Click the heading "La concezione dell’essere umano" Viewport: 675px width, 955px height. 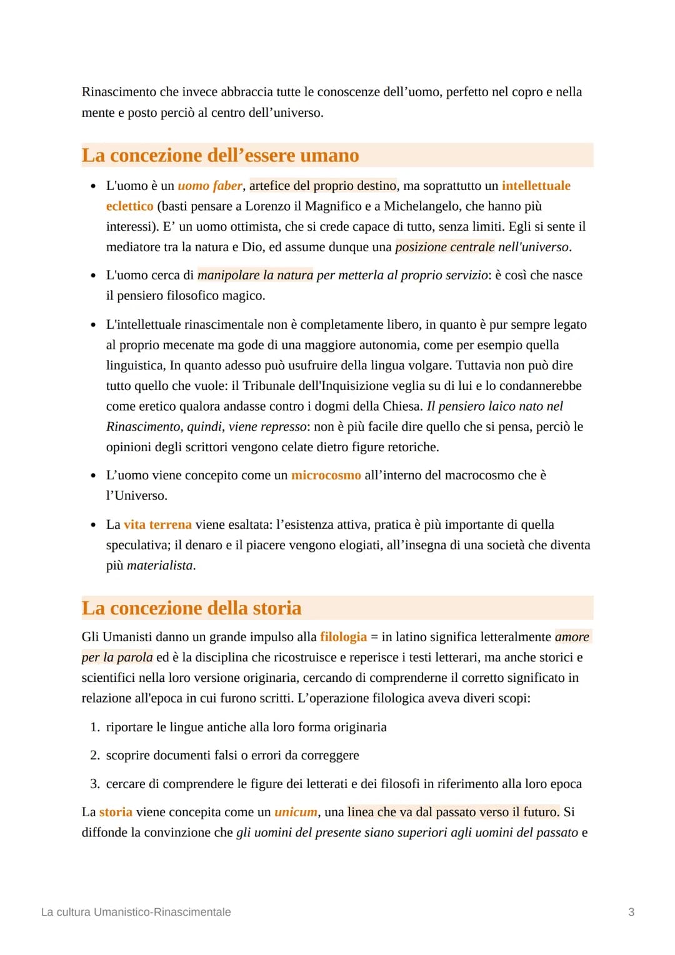point(220,155)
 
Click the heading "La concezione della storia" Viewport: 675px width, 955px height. point(191,608)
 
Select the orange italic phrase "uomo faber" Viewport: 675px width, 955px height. point(209,186)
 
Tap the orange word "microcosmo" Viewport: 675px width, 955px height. point(326,475)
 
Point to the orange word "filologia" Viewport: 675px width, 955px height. point(343,637)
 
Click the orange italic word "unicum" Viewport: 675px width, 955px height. point(296,812)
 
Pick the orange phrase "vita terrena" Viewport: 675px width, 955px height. point(157,524)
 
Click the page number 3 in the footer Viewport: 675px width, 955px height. point(631,912)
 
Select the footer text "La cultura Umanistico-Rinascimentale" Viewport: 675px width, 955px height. point(136,912)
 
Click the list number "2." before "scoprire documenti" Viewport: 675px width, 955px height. point(95,755)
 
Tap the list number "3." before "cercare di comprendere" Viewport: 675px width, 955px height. point(95,784)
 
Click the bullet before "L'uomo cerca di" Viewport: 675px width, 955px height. point(93,276)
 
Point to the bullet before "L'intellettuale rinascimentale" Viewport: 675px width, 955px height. point(93,325)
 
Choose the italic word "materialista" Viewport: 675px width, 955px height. point(160,565)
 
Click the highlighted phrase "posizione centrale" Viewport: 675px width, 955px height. point(444,247)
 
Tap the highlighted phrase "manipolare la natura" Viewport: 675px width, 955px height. point(255,275)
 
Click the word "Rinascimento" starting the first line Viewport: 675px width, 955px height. point(119,92)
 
